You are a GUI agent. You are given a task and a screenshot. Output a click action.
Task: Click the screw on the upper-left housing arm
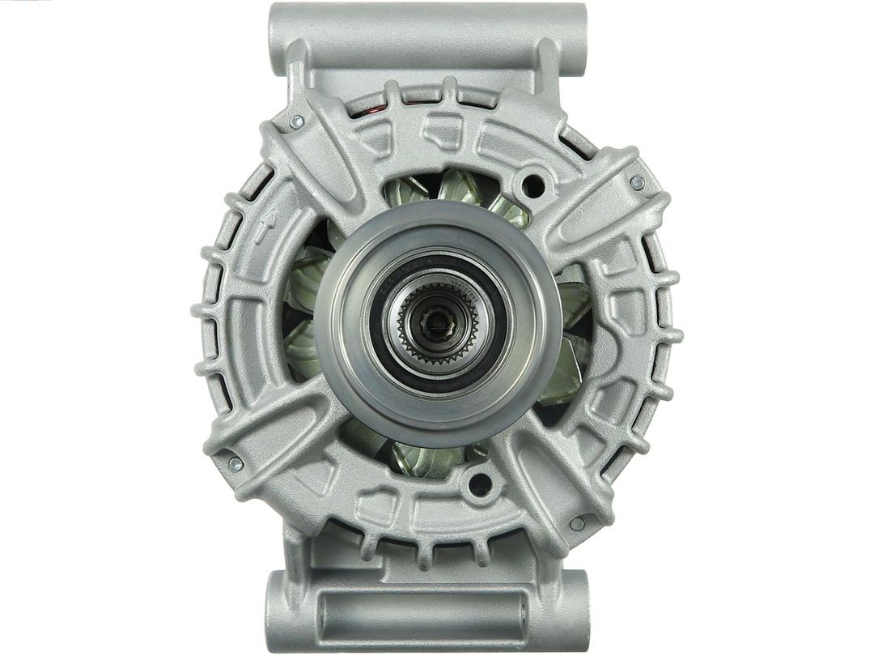click(x=297, y=121)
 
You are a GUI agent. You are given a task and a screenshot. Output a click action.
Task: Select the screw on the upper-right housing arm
click(x=637, y=183)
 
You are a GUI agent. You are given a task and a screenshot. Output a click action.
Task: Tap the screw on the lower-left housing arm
click(x=235, y=463)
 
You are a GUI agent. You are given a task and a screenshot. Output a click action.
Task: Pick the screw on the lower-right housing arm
click(x=576, y=524)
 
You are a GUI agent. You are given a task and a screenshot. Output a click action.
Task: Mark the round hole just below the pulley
click(x=480, y=485)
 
